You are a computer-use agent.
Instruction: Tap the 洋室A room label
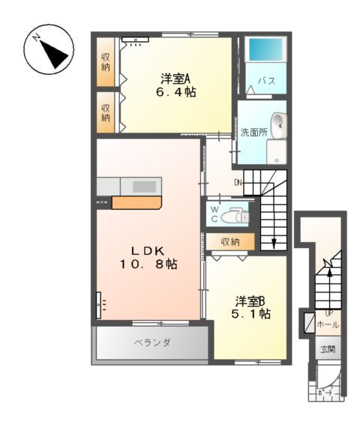pyautogui.click(x=176, y=78)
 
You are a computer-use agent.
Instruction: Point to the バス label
pyautogui.click(x=265, y=79)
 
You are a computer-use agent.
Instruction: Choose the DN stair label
pyautogui.click(x=238, y=182)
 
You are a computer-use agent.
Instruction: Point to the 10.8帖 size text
pyautogui.click(x=147, y=264)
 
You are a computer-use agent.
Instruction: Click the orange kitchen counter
pyautogui.click(x=136, y=202)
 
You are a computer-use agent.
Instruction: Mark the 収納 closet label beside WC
pyautogui.click(x=230, y=241)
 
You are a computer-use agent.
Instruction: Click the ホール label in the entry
pyautogui.click(x=328, y=325)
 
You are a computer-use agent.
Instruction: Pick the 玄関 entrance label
pyautogui.click(x=328, y=349)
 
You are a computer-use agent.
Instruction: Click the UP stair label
pyautogui.click(x=328, y=313)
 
